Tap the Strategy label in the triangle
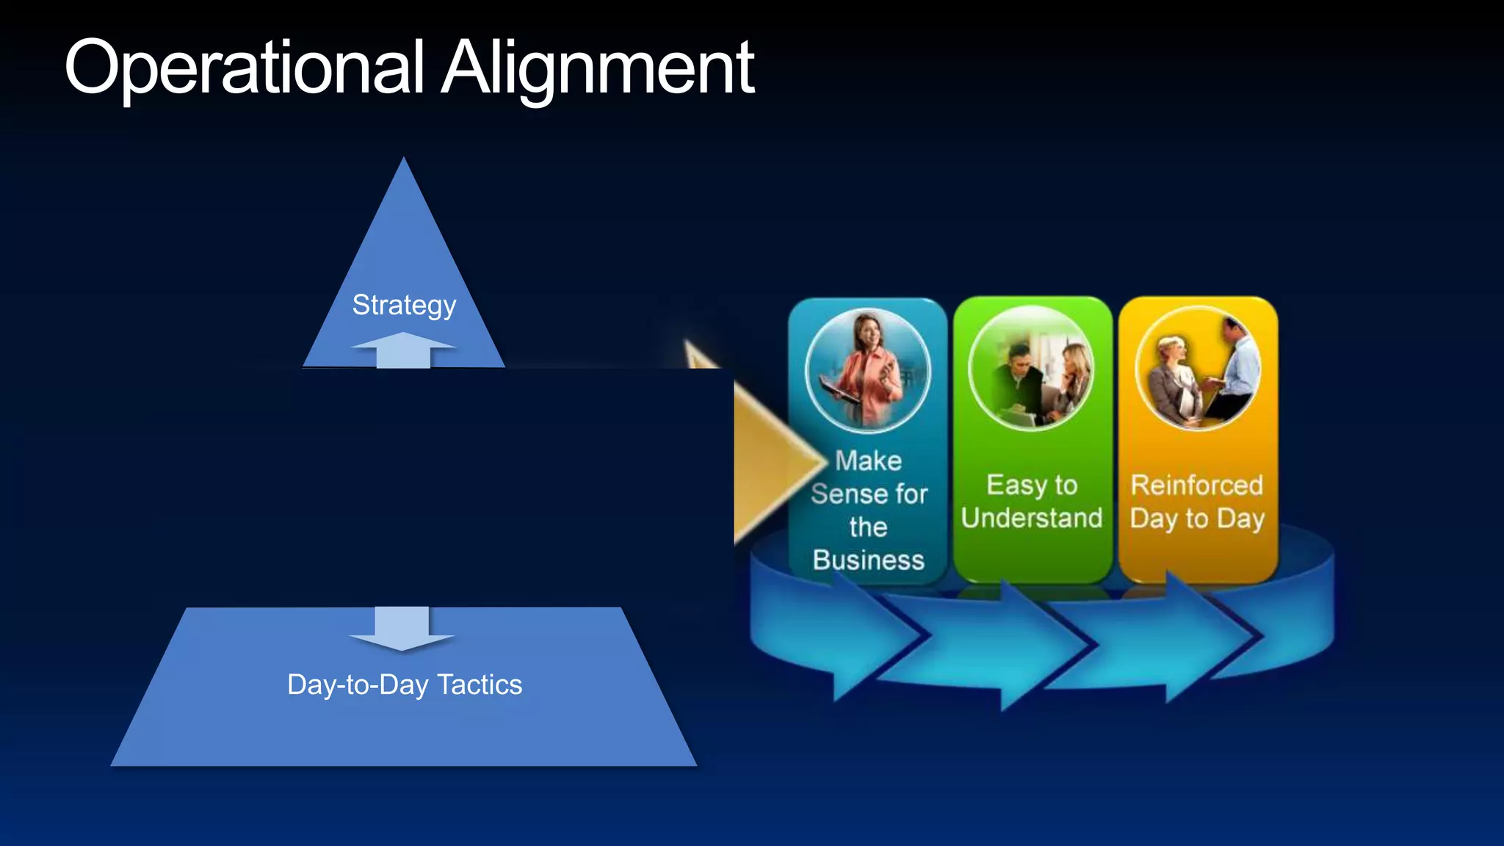click(404, 305)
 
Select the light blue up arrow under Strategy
click(403, 350)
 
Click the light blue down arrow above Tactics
click(402, 629)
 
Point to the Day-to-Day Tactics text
click(405, 684)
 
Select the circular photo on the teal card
click(867, 369)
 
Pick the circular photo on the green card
click(1031, 368)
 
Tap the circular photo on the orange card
click(1197, 368)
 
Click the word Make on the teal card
click(868, 461)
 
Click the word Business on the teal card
click(868, 560)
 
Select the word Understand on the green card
click(1032, 518)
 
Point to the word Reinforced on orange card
click(1197, 485)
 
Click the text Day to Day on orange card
click(1197, 518)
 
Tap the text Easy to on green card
click(1032, 485)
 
